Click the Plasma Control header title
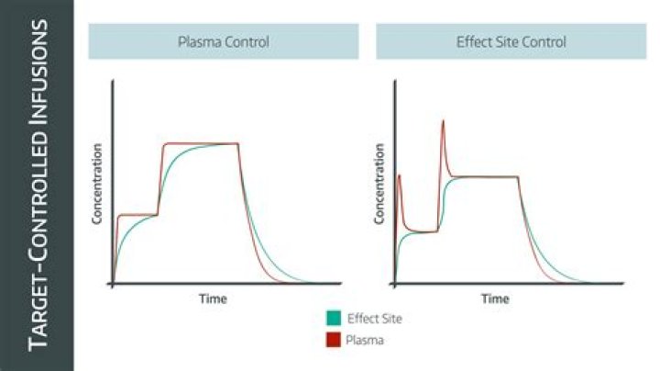tap(224, 42)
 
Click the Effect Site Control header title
tap(511, 42)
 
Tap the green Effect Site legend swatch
tap(334, 319)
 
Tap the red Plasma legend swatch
tap(334, 340)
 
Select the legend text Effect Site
tap(375, 319)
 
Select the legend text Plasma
tap(365, 340)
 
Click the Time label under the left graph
tap(213, 298)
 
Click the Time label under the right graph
tap(495, 298)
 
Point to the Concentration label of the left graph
tap(97, 184)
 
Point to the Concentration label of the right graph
tap(379, 184)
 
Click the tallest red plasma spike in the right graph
tap(443, 121)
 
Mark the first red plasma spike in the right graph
tap(399, 175)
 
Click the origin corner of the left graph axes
tap(112, 284)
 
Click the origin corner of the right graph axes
tap(394, 284)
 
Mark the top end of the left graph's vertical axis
tap(112, 80)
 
